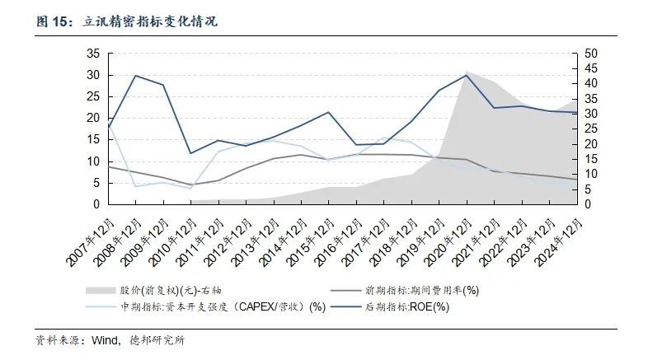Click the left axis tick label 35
[93, 54]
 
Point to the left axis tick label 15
[93, 139]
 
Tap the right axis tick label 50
[590, 54]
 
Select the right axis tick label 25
[590, 129]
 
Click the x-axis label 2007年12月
[88, 236]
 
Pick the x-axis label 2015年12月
[308, 236]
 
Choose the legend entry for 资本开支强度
[206, 306]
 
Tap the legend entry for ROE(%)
[409, 306]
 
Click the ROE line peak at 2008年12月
[135, 76]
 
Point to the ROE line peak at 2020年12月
[467, 75]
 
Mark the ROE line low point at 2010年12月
[190, 153]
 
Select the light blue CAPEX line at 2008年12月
[135, 186]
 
